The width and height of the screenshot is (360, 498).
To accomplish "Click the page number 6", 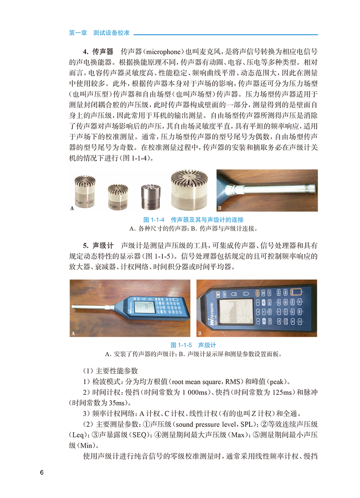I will click(x=42, y=472).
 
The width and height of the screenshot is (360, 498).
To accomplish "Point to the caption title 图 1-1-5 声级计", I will click(x=193, y=345).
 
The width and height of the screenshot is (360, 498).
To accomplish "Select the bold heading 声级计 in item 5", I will click(x=103, y=245).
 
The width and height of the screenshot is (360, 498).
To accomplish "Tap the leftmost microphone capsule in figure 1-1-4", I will click(x=85, y=192).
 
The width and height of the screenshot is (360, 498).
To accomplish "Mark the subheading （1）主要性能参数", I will click(x=110, y=370).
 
